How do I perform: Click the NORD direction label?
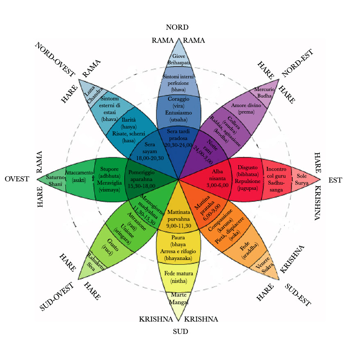(177, 27)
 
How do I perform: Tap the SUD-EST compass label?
(298, 295)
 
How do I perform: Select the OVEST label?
(17, 179)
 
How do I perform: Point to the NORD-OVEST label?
(55, 59)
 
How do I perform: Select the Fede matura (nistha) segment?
(179, 277)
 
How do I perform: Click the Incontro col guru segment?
(276, 179)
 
